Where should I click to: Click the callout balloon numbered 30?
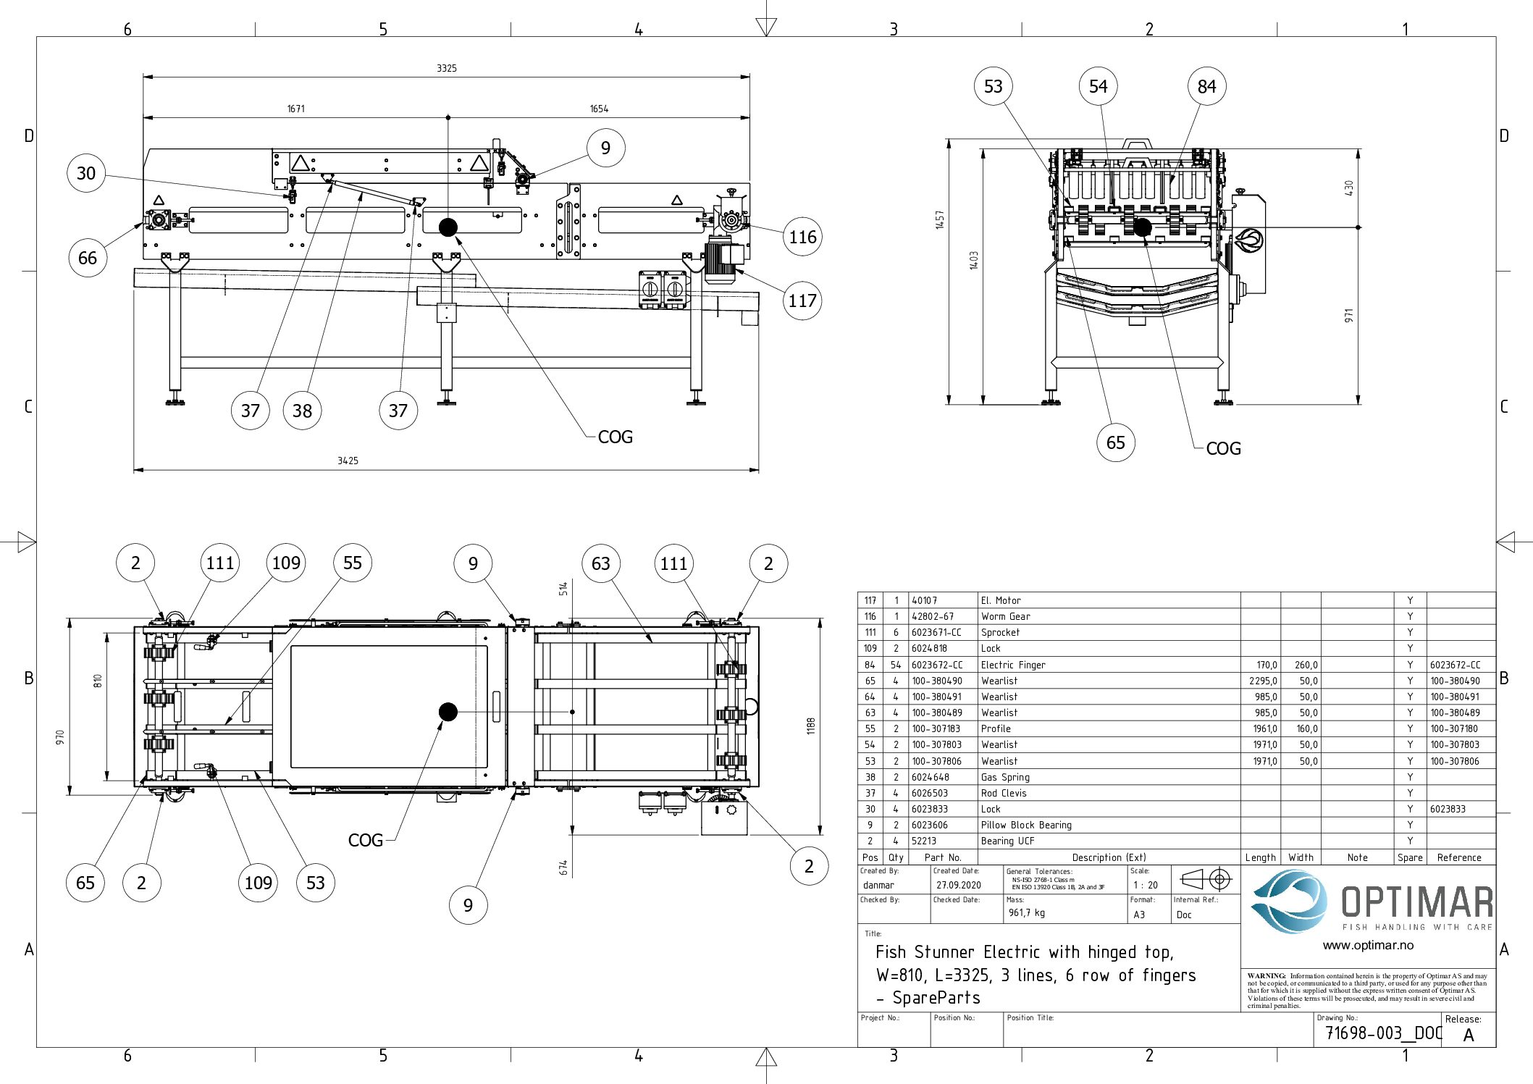86,174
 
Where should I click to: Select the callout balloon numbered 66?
88,259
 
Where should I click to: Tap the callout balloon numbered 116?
802,237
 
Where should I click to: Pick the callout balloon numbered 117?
802,301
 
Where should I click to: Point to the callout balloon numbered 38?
302,411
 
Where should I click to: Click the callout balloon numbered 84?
1206,87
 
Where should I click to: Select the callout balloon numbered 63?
601,563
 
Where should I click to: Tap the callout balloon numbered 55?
353,563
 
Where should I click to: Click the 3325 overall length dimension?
447,68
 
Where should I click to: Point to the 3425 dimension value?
348,461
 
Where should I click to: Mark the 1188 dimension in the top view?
811,726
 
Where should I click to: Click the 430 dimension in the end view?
1348,188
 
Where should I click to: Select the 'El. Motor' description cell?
1001,600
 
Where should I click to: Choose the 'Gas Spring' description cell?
1005,777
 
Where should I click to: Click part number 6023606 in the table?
929,825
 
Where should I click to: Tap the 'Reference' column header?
1458,857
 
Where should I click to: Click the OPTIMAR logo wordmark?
1416,902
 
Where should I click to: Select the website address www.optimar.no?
1368,945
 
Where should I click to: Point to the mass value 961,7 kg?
1027,913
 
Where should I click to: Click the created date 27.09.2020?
958,885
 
